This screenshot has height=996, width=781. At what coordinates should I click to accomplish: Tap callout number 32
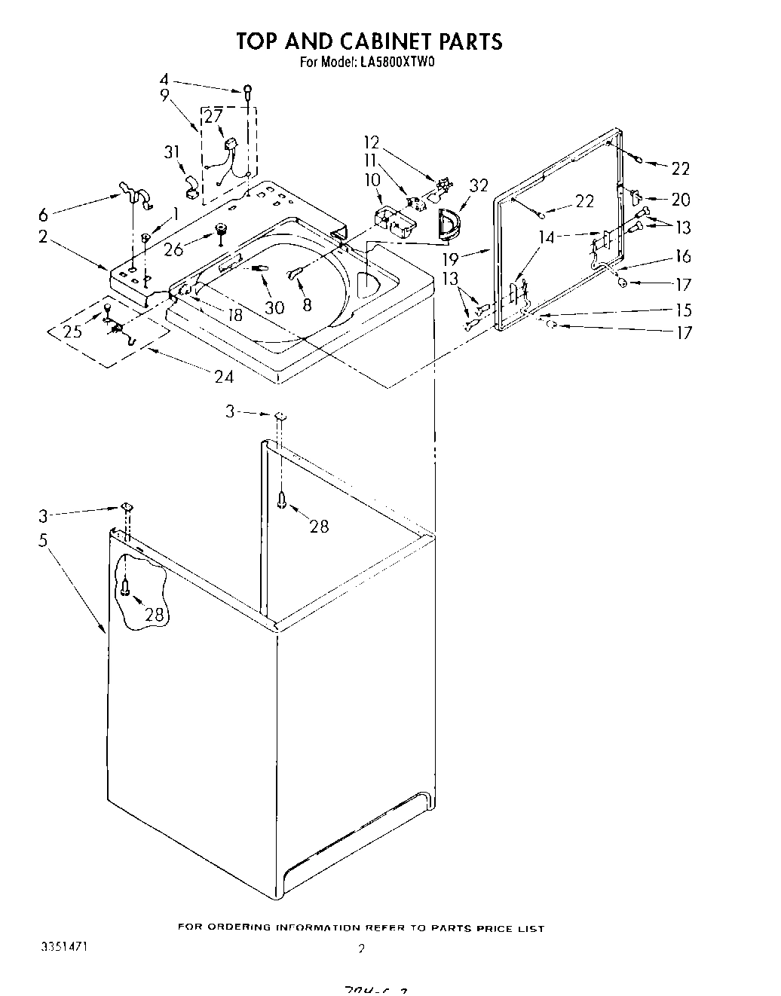coord(478,185)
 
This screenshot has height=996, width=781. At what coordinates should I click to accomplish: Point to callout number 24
coord(223,377)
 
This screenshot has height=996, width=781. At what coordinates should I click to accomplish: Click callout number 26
coord(173,249)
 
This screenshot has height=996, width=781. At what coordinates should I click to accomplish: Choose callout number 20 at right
coord(681,200)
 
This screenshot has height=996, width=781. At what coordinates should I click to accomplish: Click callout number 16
coord(682,256)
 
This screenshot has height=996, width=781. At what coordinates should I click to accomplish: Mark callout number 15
coord(684,310)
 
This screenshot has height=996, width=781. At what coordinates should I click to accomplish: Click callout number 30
coord(275,307)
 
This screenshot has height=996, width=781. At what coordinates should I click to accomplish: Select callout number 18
coord(235,315)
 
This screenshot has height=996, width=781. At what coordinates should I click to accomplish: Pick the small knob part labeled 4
coord(247,92)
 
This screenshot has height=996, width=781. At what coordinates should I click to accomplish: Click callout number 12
coord(372,142)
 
